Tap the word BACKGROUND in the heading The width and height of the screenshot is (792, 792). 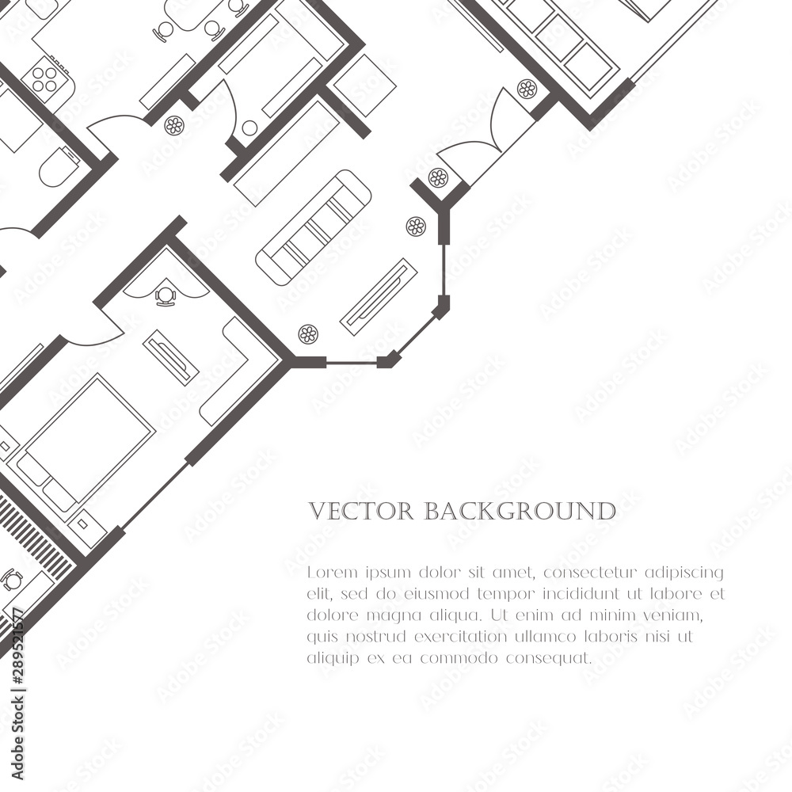520,511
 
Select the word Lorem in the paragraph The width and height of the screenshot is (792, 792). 326,572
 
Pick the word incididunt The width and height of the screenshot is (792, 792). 604,593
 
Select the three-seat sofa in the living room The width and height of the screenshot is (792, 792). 314,227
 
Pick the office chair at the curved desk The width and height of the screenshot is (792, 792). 166,296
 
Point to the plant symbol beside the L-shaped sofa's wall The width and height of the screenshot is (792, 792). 308,333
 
